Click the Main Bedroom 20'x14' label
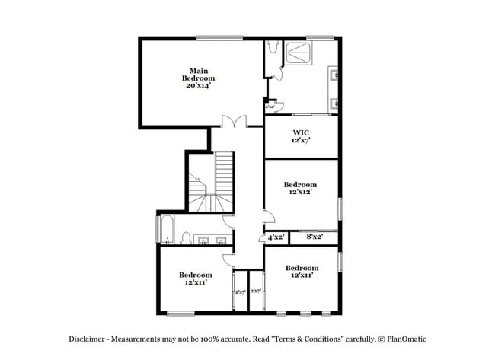tap(198, 78)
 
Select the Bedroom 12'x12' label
tap(300, 188)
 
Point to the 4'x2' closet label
tap(276, 237)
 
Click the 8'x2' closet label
tap(315, 237)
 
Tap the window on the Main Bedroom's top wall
tap(220, 38)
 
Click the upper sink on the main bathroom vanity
tap(333, 75)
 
